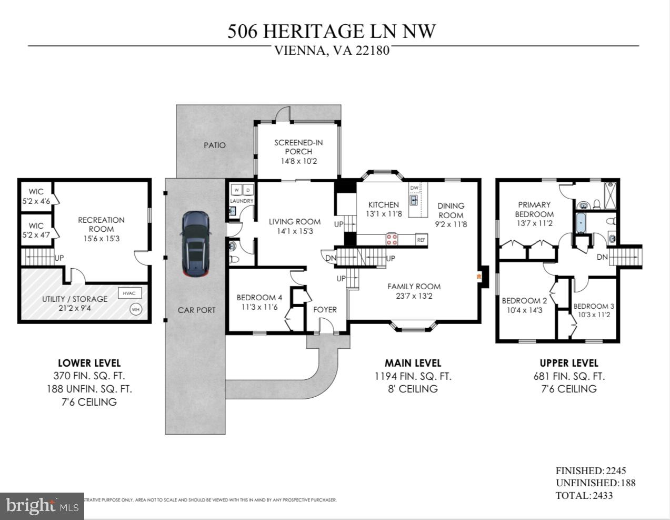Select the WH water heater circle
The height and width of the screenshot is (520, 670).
(x=136, y=309)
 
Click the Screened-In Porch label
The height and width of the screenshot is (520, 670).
(x=298, y=147)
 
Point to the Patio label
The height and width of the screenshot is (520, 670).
(x=215, y=145)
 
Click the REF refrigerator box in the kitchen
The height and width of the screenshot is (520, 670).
(x=421, y=240)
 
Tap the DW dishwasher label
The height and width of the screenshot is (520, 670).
(x=414, y=188)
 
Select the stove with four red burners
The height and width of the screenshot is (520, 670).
(x=392, y=240)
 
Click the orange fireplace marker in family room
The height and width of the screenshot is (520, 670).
(x=478, y=276)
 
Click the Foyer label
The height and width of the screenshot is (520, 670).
(x=325, y=310)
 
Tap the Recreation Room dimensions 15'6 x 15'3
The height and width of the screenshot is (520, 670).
(x=101, y=238)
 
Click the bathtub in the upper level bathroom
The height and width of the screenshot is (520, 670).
(x=581, y=223)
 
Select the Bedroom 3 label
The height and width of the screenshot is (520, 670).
(x=594, y=306)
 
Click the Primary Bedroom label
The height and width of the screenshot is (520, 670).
(x=534, y=209)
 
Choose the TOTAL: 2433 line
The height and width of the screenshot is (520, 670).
(x=584, y=495)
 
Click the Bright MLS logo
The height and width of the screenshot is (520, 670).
(x=42, y=506)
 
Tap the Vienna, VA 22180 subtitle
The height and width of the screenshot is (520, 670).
(x=332, y=51)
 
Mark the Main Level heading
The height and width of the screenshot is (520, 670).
(x=413, y=363)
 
